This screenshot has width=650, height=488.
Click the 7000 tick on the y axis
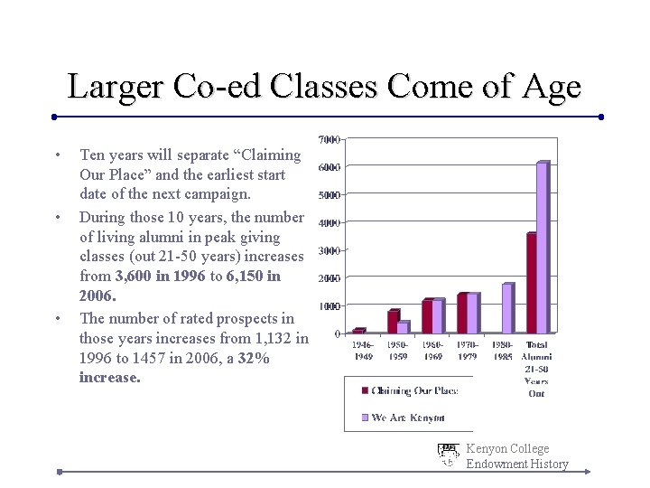[329, 140]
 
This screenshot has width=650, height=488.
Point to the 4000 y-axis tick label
[329, 223]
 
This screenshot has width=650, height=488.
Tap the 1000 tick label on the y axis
[329, 306]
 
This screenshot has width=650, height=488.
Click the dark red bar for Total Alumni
[531, 283]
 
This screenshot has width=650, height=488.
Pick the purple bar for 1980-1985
[506, 308]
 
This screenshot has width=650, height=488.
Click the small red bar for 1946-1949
[358, 331]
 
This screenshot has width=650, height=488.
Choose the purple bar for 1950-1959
[404, 327]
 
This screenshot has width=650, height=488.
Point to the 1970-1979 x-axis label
[468, 351]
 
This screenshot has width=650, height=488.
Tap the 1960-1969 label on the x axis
[432, 351]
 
